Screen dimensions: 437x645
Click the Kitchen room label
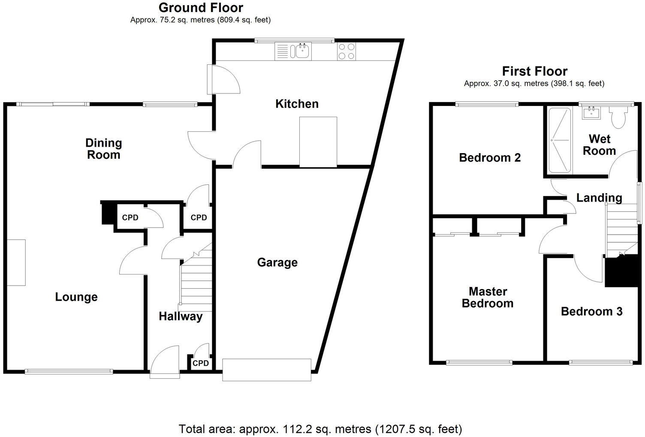pyautogui.click(x=297, y=104)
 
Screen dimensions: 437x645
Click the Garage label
pyautogui.click(x=277, y=262)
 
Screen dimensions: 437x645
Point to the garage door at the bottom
pyautogui.click(x=266, y=370)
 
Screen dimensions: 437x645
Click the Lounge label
pyautogui.click(x=76, y=297)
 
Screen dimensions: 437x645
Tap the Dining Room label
pyautogui.click(x=103, y=149)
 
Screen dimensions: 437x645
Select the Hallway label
pyautogui.click(x=181, y=316)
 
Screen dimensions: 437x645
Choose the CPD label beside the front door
pyautogui.click(x=200, y=363)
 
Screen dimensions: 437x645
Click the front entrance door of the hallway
pyautogui.click(x=165, y=362)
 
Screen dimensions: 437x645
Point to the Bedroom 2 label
pyautogui.click(x=490, y=158)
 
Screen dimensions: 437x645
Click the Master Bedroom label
pyautogui.click(x=488, y=298)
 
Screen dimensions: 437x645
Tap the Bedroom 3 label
pyautogui.click(x=591, y=311)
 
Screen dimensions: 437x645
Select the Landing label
pyautogui.click(x=599, y=198)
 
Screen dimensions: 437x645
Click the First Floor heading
pyautogui.click(x=534, y=71)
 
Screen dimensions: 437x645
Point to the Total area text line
pyautogui.click(x=320, y=428)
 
